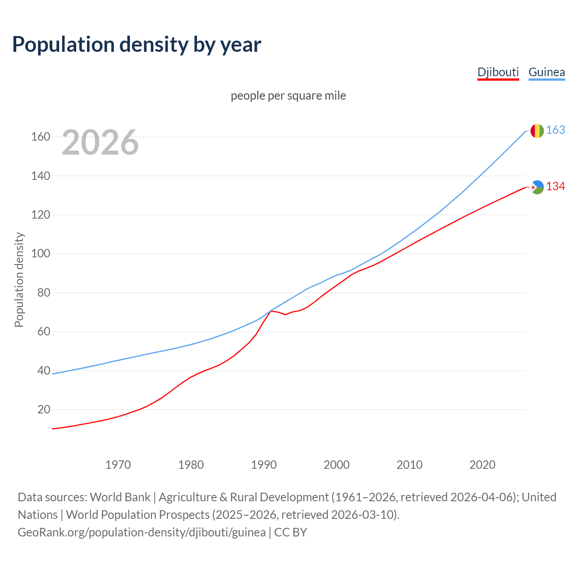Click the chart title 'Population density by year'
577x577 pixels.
coord(137,45)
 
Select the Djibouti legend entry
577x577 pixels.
coord(498,72)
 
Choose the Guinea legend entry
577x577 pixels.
coord(546,72)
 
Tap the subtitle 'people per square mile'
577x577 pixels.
coord(288,96)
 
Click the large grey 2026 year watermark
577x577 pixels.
coord(100,142)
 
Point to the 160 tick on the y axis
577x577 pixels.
coord(41,137)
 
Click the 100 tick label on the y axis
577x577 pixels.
coord(41,253)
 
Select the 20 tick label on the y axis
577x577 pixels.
coord(44,409)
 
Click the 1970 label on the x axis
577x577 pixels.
coord(118,464)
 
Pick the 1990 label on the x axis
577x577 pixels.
coord(264,464)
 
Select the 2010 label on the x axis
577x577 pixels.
coord(409,464)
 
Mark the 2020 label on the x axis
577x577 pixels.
coord(482,464)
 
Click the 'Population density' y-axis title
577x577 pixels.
coord(19,279)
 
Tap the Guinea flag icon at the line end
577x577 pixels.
coord(537,131)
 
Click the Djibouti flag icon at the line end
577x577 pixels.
coord(537,187)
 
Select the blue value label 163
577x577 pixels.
coord(555,130)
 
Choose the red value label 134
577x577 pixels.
coord(555,187)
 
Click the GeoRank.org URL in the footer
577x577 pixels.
coord(142,532)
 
